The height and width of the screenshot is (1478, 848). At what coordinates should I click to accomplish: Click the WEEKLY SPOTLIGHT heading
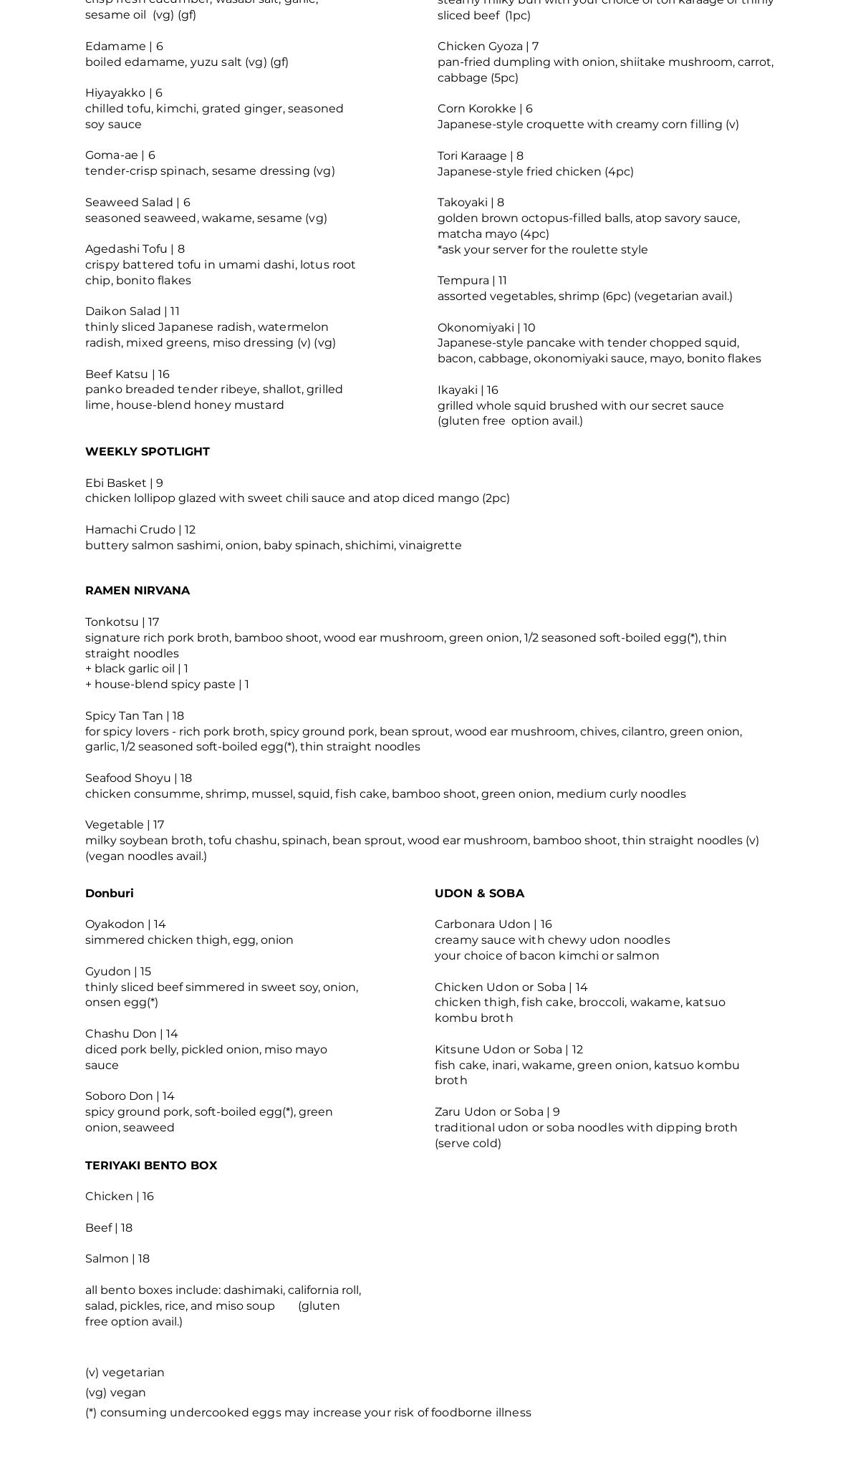[x=147, y=451]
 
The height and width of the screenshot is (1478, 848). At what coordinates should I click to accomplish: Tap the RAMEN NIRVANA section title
[x=137, y=590]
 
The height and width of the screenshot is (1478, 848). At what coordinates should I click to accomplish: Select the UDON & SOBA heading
[x=479, y=893]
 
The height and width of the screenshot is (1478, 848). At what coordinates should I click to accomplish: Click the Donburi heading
[x=109, y=893]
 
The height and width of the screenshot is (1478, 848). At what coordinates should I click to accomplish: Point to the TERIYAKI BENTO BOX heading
[x=150, y=1165]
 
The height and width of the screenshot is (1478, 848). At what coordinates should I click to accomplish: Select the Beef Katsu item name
[x=116, y=374]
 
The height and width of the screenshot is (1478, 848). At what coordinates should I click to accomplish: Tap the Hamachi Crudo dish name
[x=130, y=529]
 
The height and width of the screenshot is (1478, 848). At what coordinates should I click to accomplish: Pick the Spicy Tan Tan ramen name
[x=124, y=715]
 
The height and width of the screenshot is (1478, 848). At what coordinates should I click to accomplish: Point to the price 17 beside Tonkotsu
[x=153, y=622]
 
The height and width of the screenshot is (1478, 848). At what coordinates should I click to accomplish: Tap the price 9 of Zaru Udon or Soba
[x=556, y=1111]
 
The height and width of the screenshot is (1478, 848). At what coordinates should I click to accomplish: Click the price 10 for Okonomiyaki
[x=529, y=327]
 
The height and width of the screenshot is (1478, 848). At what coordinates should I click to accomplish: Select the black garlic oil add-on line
[x=136, y=668]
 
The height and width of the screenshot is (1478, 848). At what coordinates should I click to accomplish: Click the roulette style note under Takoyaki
[x=542, y=249]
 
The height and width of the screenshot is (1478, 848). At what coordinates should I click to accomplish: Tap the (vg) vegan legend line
[x=115, y=1392]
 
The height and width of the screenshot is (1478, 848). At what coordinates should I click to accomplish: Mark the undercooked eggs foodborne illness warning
[x=308, y=1412]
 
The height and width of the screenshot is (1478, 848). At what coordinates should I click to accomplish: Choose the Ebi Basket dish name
[x=115, y=483]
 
